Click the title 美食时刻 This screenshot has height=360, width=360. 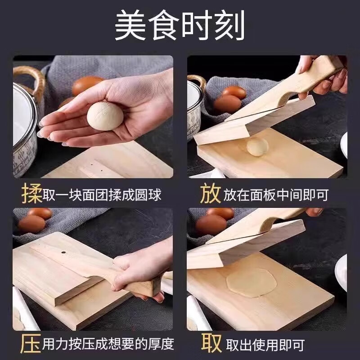pyautogui.click(x=180, y=26)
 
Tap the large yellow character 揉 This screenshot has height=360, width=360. pyautogui.click(x=31, y=194)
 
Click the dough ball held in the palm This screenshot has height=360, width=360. pyautogui.click(x=105, y=115)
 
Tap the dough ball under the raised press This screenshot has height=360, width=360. pyautogui.click(x=257, y=147)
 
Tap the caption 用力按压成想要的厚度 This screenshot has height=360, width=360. pyautogui.click(x=108, y=344)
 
